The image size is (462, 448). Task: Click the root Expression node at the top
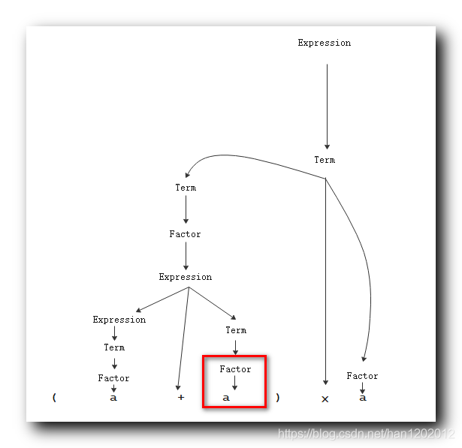(324, 43)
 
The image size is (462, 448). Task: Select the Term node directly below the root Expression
(325, 160)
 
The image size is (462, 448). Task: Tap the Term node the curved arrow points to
(186, 188)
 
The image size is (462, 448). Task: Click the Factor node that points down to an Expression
(185, 234)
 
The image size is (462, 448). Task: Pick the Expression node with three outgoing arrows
(185, 277)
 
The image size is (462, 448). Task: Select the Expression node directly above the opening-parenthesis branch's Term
(119, 320)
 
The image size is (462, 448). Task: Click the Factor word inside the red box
(235, 369)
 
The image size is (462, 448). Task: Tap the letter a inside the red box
(226, 398)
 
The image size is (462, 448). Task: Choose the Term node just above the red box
(236, 330)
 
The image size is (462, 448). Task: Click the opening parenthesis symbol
(54, 398)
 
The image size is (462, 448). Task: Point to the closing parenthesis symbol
(277, 398)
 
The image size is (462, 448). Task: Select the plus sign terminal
(180, 398)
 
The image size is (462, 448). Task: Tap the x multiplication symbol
(325, 398)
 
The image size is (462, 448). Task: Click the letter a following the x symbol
(362, 398)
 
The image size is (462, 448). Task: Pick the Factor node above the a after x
(362, 376)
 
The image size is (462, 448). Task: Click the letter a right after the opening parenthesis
(113, 398)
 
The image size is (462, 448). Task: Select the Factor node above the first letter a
(113, 378)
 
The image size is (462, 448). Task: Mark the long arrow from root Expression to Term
(327, 105)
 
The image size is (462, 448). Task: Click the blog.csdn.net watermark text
(367, 434)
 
